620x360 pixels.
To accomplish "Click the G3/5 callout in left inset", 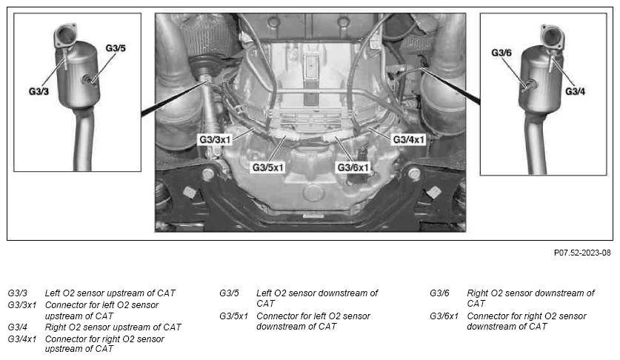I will tap(115, 48).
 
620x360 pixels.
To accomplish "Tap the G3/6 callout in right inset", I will tap(501, 53).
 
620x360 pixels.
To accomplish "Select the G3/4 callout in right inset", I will tap(576, 91).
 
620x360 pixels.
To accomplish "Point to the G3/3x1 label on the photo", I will tap(216, 139).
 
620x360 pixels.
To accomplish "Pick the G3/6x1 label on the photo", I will tap(353, 167).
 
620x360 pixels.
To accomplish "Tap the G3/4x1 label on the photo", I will tap(408, 139).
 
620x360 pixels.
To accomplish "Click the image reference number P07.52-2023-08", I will tap(582, 253).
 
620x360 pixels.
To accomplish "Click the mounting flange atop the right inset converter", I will tap(550, 33).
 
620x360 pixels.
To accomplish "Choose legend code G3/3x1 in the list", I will tap(22, 304).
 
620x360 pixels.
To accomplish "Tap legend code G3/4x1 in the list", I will tap(22, 339).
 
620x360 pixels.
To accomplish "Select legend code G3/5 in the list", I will tap(230, 293).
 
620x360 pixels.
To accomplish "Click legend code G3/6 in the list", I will tap(440, 293).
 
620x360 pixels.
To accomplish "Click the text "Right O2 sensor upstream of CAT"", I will tap(113, 327).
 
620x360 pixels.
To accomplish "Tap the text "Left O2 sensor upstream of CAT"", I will tap(110, 293).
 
